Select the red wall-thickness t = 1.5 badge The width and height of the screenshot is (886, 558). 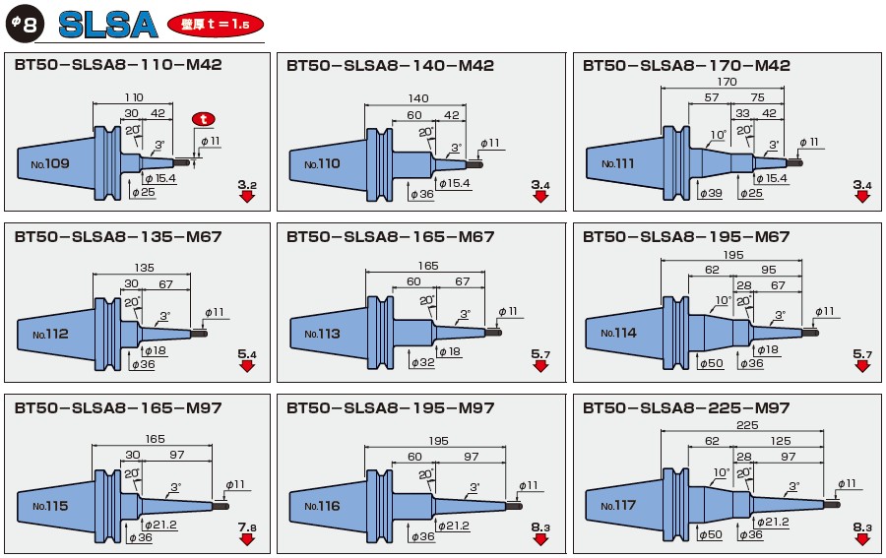(216, 25)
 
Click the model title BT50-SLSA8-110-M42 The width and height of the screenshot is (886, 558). (118, 66)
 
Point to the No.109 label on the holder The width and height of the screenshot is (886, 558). (50, 162)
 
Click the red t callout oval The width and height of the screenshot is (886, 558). (204, 118)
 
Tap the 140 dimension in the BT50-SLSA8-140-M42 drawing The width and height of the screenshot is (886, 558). (417, 98)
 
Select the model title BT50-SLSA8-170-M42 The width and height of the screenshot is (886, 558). (686, 66)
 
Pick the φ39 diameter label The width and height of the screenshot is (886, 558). (710, 193)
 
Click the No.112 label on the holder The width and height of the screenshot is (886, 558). (50, 334)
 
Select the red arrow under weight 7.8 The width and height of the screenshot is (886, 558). (246, 540)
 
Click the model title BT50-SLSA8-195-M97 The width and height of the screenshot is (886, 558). (391, 407)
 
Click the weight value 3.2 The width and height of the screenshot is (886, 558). (247, 184)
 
